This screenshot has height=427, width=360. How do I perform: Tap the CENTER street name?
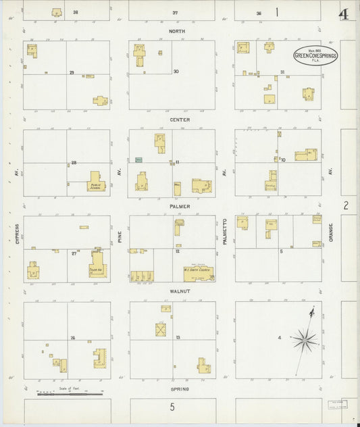pyautogui.click(x=180, y=120)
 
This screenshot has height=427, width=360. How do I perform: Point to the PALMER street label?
pyautogui.click(x=180, y=206)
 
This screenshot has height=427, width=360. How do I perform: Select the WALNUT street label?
pyautogui.click(x=180, y=291)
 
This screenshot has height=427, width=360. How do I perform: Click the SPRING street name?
pyautogui.click(x=180, y=389)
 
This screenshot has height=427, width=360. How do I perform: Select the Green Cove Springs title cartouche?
pyautogui.click(x=315, y=56)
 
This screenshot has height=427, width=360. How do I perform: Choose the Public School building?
pyautogui.click(x=97, y=182)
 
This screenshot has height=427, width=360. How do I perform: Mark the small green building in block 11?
pyautogui.click(x=138, y=159)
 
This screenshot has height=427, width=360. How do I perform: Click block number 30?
pyautogui.click(x=176, y=72)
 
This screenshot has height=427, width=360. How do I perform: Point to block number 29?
pyautogui.click(x=71, y=72)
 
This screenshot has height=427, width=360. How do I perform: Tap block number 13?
pyautogui.click(x=178, y=336)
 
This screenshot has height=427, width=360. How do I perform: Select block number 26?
pyautogui.click(x=72, y=337)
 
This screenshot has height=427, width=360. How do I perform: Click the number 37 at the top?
pyautogui.click(x=174, y=13)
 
